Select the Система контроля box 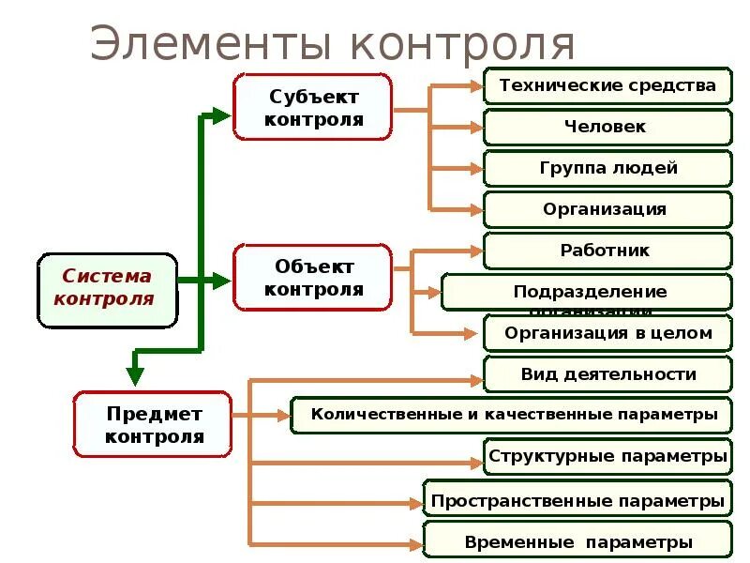point(107,289)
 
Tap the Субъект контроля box point(312,108)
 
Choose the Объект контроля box point(312,278)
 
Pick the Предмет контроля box point(152,424)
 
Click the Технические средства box point(607,85)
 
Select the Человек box point(607,127)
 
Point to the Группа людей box point(607,168)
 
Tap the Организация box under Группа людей point(607,209)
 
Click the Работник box point(607,251)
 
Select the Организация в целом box point(607,333)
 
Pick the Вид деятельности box point(607,373)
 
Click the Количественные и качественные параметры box point(512,414)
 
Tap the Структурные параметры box point(607,456)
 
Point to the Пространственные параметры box point(577,500)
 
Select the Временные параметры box point(577,541)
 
